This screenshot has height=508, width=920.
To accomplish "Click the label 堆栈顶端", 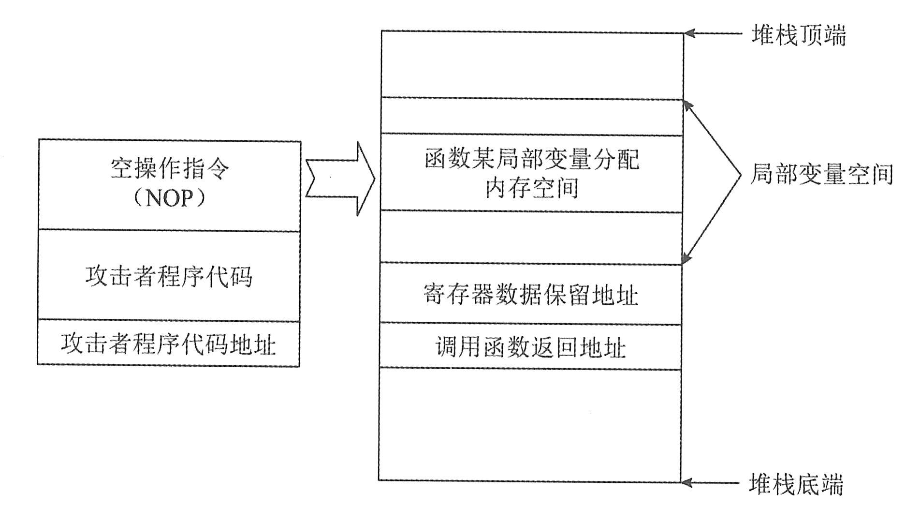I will tap(798, 35).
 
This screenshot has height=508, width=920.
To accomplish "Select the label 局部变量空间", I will tap(821, 175).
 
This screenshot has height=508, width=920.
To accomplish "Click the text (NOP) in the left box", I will tap(169, 198).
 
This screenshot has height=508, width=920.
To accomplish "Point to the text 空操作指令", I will tap(170, 169).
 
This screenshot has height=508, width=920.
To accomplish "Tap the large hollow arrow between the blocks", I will tap(341, 178).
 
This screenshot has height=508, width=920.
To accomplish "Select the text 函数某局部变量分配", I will tap(532, 159).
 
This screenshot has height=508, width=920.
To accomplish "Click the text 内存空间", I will tap(532, 188).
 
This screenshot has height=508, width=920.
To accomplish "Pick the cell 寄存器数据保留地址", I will tap(530, 295).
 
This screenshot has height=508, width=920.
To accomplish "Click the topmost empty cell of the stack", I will tap(532, 65).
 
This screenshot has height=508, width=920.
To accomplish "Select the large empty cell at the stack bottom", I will tap(530, 425).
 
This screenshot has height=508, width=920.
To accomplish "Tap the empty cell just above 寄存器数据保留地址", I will tap(531, 238).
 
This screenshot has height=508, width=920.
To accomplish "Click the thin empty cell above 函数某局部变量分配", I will tap(532, 117).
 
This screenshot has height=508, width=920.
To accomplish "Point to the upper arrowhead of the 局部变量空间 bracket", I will tap(688, 105).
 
